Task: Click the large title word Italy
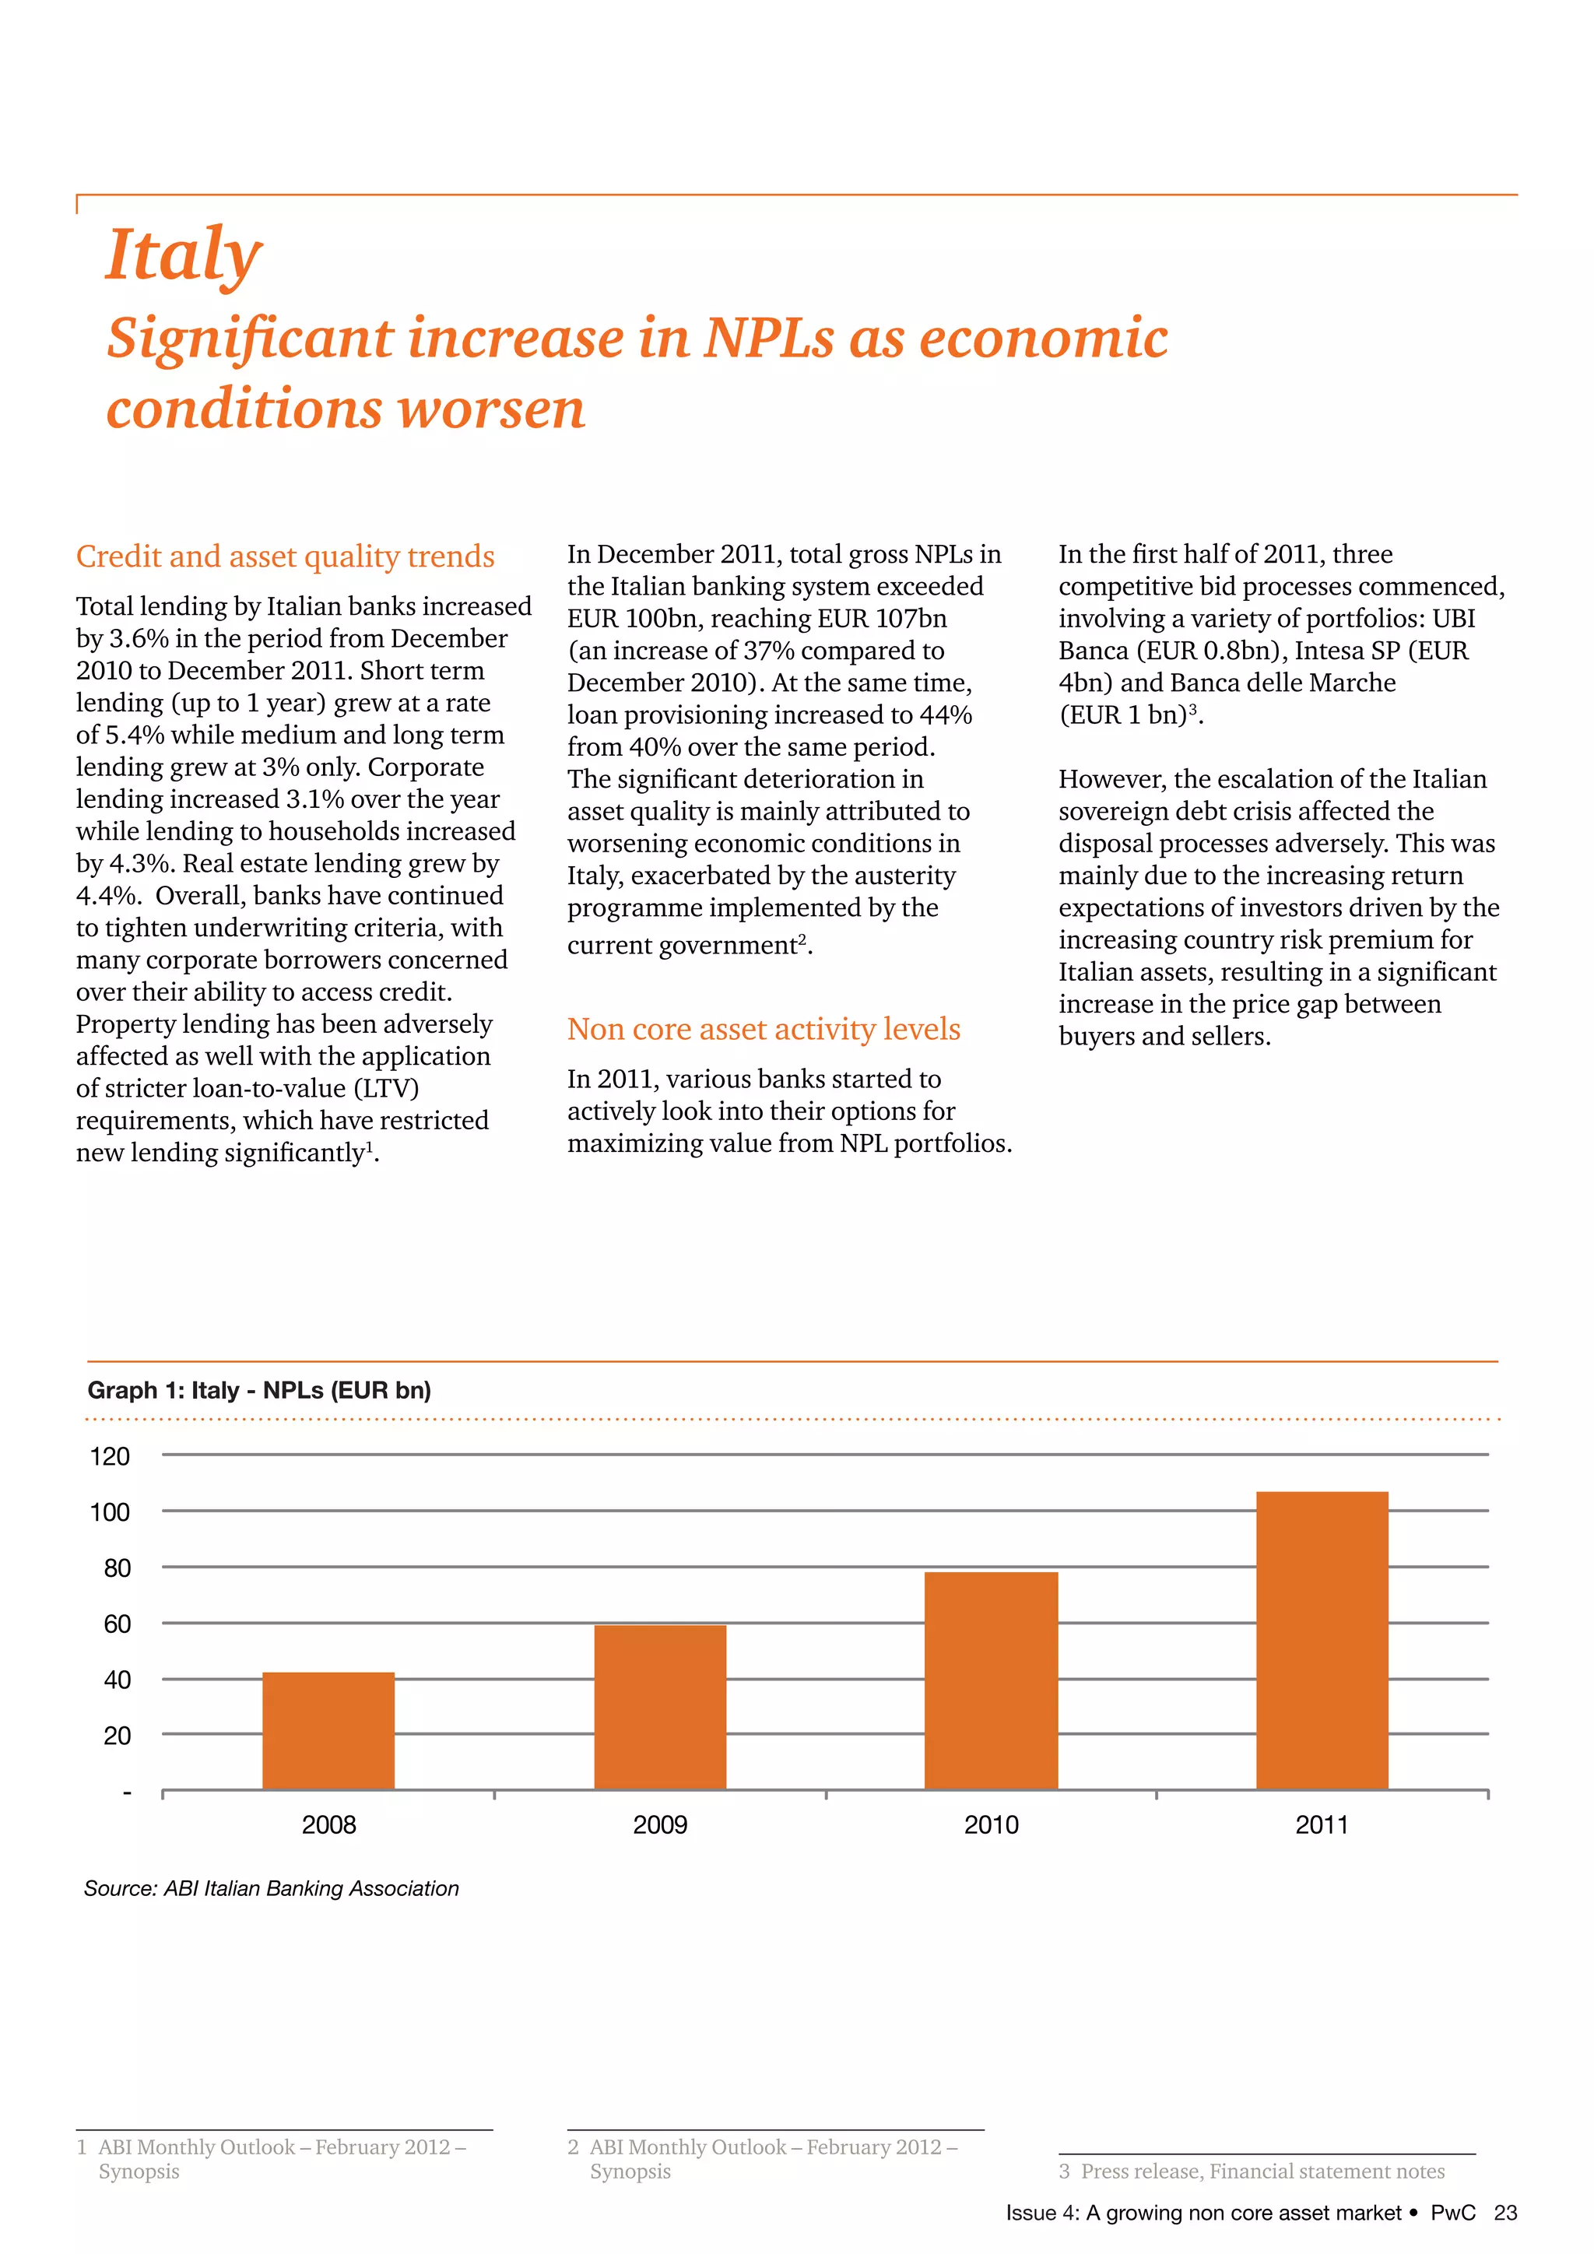[184, 255]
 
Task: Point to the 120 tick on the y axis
[110, 1456]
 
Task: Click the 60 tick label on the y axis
[117, 1624]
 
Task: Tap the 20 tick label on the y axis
[117, 1736]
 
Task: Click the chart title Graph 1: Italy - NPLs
[259, 1390]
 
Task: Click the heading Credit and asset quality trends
[285, 556]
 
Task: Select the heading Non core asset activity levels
[763, 1029]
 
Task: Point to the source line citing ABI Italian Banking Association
[271, 1888]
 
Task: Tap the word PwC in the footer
[1452, 2213]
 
